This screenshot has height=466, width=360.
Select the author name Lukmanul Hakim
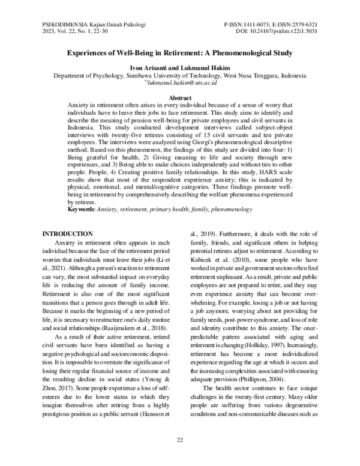[x=206, y=69]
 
